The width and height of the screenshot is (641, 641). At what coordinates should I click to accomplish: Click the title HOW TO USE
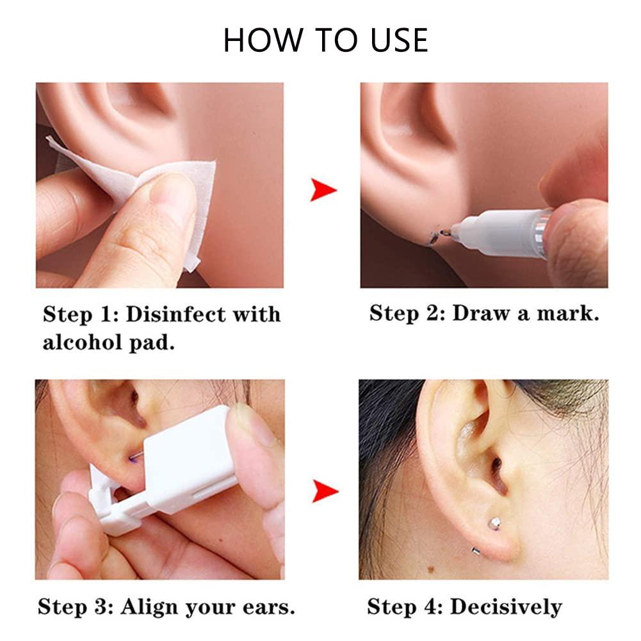(325, 40)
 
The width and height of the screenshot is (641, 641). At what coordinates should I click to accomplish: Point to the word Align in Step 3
(150, 606)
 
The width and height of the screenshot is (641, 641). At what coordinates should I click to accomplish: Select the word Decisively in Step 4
(506, 606)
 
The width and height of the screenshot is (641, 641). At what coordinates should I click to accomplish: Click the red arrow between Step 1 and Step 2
(323, 190)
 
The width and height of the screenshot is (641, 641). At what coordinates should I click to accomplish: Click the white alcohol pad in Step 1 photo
(160, 186)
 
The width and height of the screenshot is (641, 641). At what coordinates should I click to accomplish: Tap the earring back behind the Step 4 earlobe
(476, 550)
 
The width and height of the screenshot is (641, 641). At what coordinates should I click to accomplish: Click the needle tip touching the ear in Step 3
(135, 457)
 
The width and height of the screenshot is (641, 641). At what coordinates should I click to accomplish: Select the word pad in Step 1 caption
(152, 343)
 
